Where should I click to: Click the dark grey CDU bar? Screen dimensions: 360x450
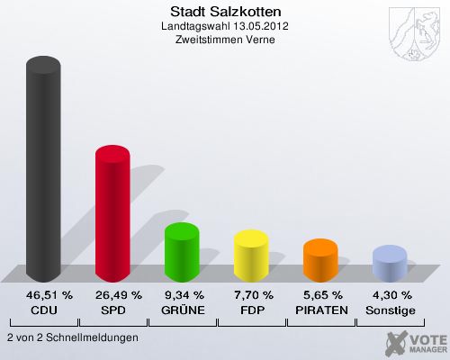[43, 171]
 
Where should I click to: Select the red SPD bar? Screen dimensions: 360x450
[112, 216]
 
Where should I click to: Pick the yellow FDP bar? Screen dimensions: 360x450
[251, 256]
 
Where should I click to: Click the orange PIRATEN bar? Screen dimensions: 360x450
[320, 261]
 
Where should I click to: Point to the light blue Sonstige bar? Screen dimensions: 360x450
[390, 265]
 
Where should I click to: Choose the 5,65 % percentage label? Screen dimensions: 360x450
[321, 295]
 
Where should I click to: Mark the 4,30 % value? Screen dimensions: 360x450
[391, 295]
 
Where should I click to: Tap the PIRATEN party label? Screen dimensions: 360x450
[321, 310]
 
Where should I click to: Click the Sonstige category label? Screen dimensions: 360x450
[391, 310]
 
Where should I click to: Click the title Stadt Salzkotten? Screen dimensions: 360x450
[225, 12]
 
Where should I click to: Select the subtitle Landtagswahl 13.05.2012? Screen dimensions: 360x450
[225, 26]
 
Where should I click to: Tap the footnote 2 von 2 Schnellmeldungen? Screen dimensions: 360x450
[72, 337]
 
